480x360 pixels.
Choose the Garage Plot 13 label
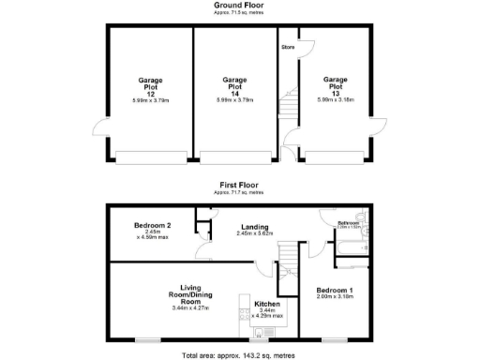pyautogui.click(x=335, y=87)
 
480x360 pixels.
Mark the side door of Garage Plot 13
pyautogui.click(x=379, y=131)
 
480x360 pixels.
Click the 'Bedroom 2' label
pyautogui.click(x=152, y=226)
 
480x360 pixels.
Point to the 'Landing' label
pyautogui.click(x=255, y=227)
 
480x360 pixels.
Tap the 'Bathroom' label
pyautogui.click(x=349, y=222)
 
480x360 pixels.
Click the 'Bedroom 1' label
pyautogui.click(x=335, y=291)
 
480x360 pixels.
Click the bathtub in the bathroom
pyautogui.click(x=354, y=247)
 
